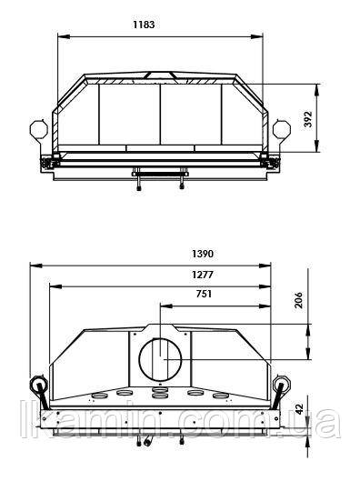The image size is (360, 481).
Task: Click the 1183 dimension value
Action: (144, 25)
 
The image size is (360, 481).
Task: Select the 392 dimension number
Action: (308, 119)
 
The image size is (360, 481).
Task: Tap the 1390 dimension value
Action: (203, 254)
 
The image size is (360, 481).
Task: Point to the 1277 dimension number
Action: (203, 275)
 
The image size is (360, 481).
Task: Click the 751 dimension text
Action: (204, 294)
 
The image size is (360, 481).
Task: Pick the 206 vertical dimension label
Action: (298, 300)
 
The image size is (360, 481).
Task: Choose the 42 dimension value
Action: (299, 409)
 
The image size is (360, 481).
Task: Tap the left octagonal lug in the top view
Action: (39, 128)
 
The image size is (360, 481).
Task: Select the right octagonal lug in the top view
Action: (282, 128)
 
